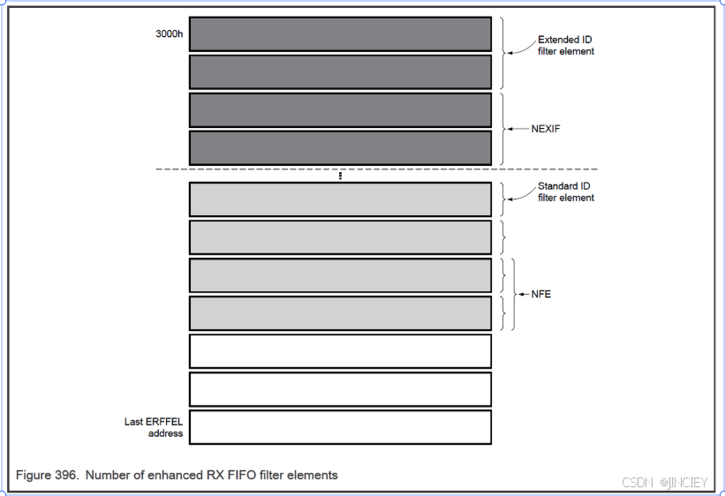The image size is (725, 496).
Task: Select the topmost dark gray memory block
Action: pyautogui.click(x=340, y=34)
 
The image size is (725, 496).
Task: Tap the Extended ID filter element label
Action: pyautogui.click(x=565, y=46)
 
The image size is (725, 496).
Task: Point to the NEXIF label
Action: pyautogui.click(x=547, y=129)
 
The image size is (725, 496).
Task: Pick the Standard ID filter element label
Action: pyautogui.click(x=565, y=192)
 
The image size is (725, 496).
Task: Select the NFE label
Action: pyautogui.click(x=540, y=294)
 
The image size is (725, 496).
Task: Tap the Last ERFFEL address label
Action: pyautogui.click(x=154, y=427)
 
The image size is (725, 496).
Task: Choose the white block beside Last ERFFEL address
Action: pyautogui.click(x=340, y=427)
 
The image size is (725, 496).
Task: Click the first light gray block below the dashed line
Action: pyautogui.click(x=340, y=199)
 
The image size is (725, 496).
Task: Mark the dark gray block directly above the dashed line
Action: pyautogui.click(x=340, y=147)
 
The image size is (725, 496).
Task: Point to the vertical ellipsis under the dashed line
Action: pyautogui.click(x=340, y=176)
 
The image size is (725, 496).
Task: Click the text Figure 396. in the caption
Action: pyautogui.click(x=49, y=475)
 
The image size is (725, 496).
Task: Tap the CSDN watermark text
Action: pyautogui.click(x=636, y=482)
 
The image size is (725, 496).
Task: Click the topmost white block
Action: pyautogui.click(x=340, y=350)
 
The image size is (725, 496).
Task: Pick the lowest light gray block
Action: pyautogui.click(x=340, y=313)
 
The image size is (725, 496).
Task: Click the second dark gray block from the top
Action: pyautogui.click(x=340, y=71)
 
